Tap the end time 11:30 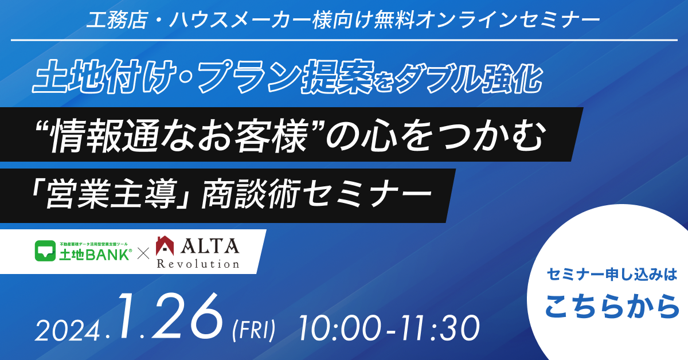click(x=437, y=328)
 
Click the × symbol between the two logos click(x=144, y=253)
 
